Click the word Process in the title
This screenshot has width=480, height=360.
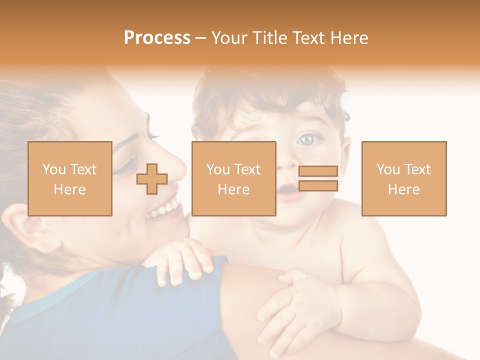pos(157,38)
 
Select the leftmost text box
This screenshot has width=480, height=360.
pos(70,179)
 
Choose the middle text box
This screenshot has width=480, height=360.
pos(233,179)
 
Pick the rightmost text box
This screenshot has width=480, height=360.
pos(404,179)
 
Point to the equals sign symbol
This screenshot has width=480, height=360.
pos(318,178)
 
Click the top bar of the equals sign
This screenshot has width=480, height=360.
pos(318,171)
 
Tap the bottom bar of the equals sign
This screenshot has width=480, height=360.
pos(318,186)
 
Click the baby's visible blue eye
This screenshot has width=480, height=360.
pos(306,139)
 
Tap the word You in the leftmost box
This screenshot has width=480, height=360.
pos(53,169)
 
